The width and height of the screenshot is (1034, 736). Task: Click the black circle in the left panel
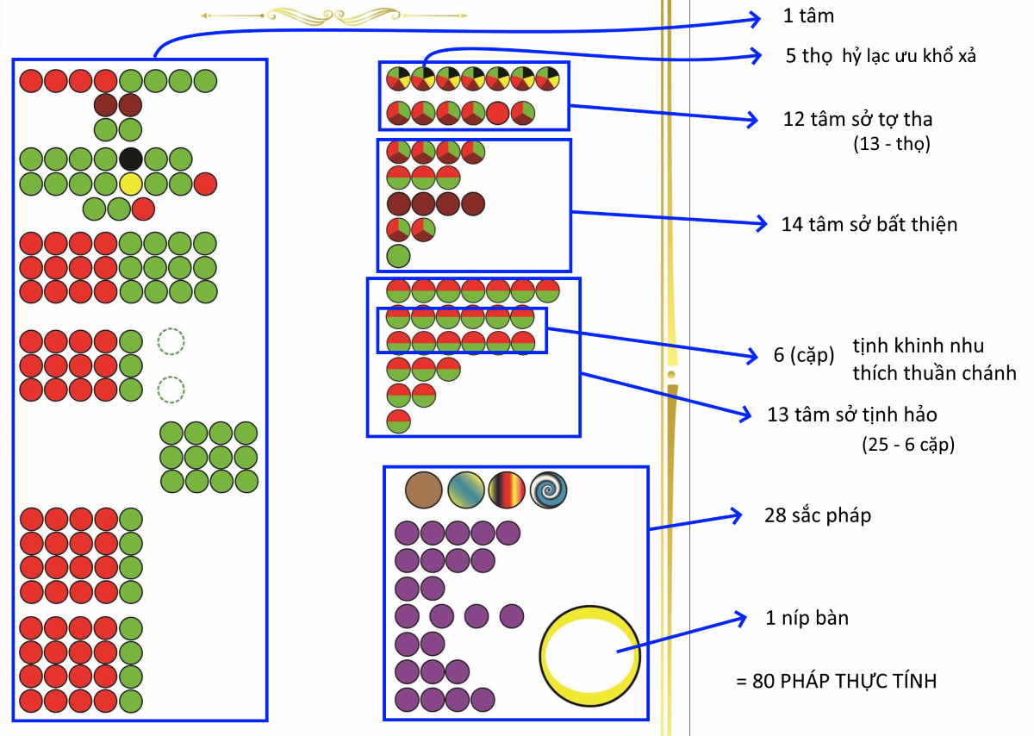pyautogui.click(x=131, y=159)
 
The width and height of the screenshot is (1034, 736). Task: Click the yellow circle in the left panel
pyautogui.click(x=131, y=184)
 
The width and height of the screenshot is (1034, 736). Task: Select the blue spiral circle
pyautogui.click(x=548, y=490)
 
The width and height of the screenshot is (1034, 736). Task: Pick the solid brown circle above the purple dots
pyautogui.click(x=423, y=490)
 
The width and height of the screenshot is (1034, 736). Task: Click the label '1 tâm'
pyautogui.click(x=808, y=16)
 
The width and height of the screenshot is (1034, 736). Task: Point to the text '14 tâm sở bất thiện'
pyautogui.click(x=869, y=224)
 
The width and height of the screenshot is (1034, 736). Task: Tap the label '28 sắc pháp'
pyautogui.click(x=818, y=515)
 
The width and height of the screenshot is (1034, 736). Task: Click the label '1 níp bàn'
pyautogui.click(x=807, y=618)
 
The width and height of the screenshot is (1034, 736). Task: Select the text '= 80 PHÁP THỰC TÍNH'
pyautogui.click(x=837, y=681)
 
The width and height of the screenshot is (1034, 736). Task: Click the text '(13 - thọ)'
pyautogui.click(x=891, y=144)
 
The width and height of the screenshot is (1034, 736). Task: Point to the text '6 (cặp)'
pyautogui.click(x=804, y=355)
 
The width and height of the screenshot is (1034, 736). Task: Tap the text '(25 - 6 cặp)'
pyautogui.click(x=908, y=445)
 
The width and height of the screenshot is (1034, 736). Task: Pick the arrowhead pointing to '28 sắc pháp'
pyautogui.click(x=736, y=515)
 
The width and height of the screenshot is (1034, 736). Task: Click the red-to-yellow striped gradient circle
pyautogui.click(x=507, y=490)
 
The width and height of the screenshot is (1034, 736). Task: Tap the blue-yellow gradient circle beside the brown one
pyautogui.click(x=465, y=490)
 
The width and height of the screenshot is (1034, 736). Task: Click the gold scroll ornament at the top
pyautogui.click(x=333, y=16)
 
